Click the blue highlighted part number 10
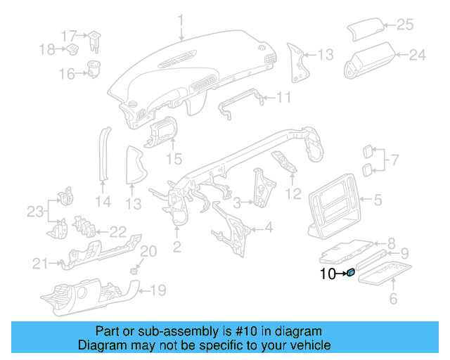(351, 273)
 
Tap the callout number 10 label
(328, 274)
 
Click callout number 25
(405, 25)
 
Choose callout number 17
(68, 35)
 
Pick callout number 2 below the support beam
(177, 246)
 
